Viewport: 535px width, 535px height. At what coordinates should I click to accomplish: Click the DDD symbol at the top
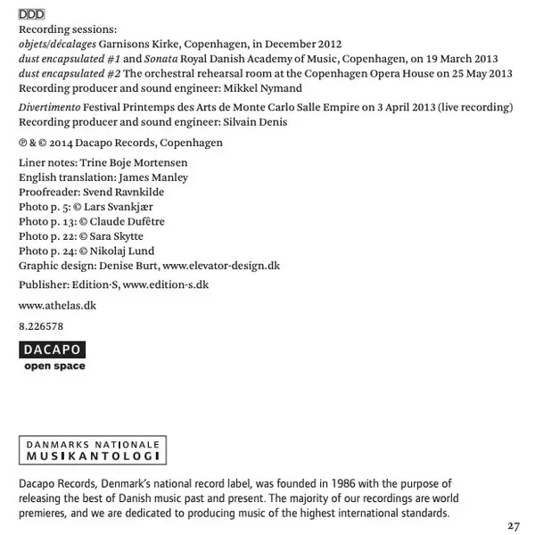[31, 14]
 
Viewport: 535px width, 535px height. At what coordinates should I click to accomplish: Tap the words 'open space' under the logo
[54, 366]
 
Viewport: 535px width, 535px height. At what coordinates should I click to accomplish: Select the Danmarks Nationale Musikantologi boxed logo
[93, 449]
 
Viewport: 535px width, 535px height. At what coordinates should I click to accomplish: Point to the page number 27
[514, 525]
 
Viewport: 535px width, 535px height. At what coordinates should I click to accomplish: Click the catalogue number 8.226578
[41, 326]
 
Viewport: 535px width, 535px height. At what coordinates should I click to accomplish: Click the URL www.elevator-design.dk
[221, 265]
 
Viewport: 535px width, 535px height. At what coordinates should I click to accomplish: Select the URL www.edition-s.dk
[166, 284]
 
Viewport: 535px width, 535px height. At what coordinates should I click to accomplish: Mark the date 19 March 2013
[452, 59]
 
